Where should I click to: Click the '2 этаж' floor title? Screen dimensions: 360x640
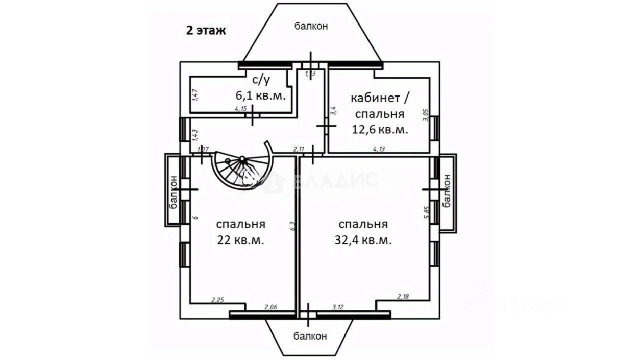point(205,30)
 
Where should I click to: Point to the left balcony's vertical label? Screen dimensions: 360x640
point(174,192)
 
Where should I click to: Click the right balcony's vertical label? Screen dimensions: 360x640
point(448,190)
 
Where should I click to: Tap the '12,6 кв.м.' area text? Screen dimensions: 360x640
point(380,129)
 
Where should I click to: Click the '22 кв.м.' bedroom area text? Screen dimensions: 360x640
point(240,241)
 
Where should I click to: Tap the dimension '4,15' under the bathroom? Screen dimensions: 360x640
point(241,109)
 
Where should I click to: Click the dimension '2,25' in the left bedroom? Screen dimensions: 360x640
point(218,300)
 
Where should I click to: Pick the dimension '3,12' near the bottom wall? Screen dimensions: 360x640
point(337,307)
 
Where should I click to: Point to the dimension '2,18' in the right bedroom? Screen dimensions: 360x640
point(404,296)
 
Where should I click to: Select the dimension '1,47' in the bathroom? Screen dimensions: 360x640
point(195,95)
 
